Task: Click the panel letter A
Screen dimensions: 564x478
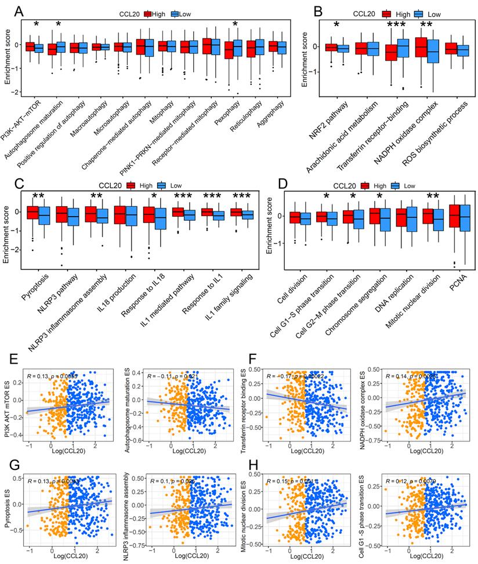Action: tap(19, 12)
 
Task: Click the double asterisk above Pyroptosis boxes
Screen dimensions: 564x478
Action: tap(39, 196)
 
